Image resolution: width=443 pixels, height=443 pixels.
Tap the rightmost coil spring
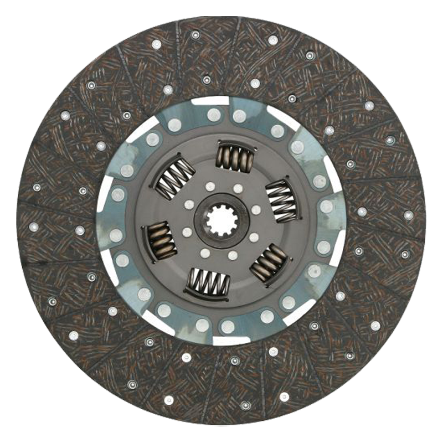[282, 199]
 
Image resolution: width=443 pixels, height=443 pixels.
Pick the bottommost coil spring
[208, 283]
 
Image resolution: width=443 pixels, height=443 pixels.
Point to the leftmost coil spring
[161, 239]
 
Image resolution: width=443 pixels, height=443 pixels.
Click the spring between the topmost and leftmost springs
[174, 178]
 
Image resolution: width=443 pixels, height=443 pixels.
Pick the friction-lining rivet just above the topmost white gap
[207, 80]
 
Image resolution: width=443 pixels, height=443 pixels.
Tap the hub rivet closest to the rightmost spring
[256, 210]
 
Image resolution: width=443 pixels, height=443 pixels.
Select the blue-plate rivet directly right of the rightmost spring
[327, 207]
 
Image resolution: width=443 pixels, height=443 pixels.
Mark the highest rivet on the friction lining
[195, 34]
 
